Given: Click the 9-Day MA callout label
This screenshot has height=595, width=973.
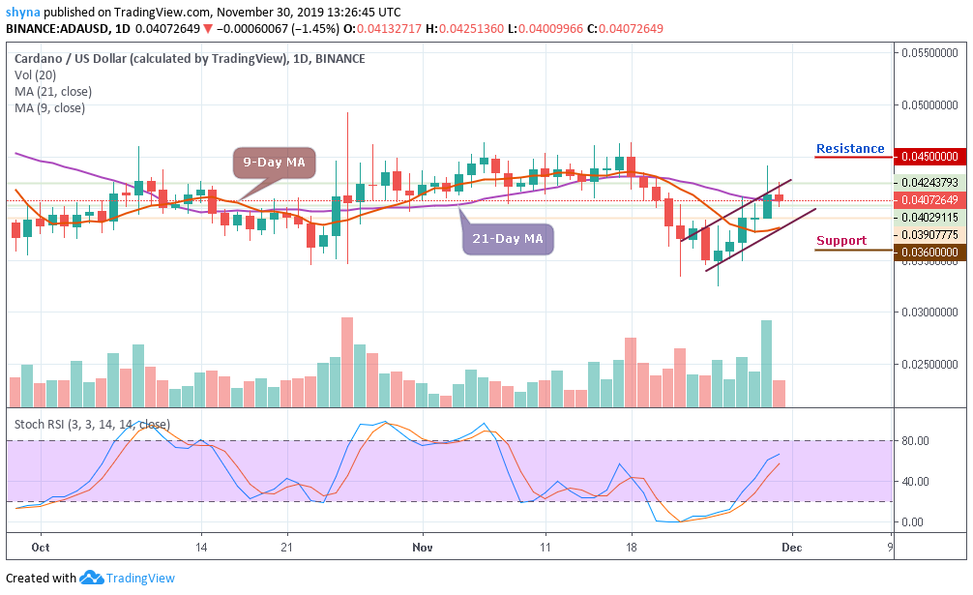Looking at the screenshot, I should [x=273, y=163].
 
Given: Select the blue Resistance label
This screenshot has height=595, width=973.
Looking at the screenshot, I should [x=850, y=149].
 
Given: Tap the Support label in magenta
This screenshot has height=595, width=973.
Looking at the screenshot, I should [x=840, y=241].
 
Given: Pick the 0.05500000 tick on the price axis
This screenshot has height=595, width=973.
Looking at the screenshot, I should [x=929, y=53].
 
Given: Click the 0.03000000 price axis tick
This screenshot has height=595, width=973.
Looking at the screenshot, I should [x=929, y=312].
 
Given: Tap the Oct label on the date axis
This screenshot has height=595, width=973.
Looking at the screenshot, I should [x=41, y=546].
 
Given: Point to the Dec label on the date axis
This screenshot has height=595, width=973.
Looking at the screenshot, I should [x=792, y=546].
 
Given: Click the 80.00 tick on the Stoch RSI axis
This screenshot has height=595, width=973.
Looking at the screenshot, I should [x=914, y=441].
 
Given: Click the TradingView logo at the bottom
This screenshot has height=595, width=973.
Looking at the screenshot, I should [x=128, y=578].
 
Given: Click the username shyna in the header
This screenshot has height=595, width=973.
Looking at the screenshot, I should [x=22, y=13].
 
